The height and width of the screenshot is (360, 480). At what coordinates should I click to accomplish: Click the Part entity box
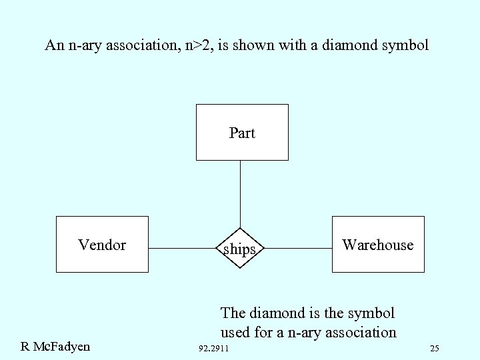tap(241, 132)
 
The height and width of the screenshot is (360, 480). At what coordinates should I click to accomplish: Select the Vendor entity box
tap(102, 244)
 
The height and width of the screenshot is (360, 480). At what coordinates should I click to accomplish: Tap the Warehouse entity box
tap(378, 244)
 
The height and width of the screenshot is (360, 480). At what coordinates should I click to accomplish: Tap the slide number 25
tap(435, 349)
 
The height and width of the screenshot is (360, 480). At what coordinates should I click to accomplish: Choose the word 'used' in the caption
tap(234, 332)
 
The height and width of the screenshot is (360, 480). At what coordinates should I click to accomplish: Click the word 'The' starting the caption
tap(233, 312)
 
